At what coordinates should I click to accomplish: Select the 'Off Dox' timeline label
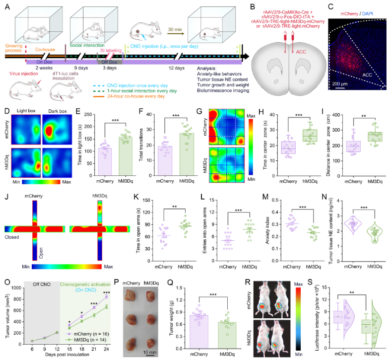110,63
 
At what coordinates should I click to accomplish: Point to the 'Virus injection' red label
23,72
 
